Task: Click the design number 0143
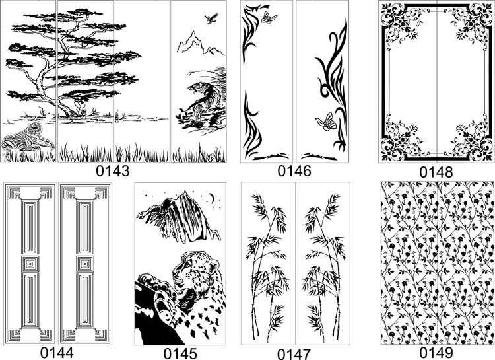[x=113, y=171]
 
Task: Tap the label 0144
[x=57, y=353]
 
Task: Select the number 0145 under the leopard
[x=180, y=353]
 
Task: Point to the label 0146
[x=294, y=171]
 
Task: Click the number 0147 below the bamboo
[x=294, y=354]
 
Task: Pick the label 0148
[x=436, y=172]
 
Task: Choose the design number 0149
[x=436, y=353]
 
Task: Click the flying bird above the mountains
[x=211, y=18]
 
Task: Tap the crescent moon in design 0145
[x=211, y=198]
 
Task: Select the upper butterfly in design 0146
[x=269, y=18]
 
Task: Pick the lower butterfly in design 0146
[x=326, y=122]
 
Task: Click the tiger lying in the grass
[x=27, y=138]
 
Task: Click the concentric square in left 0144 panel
[x=30, y=264]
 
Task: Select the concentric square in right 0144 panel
[x=85, y=264]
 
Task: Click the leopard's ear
[x=214, y=264]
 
